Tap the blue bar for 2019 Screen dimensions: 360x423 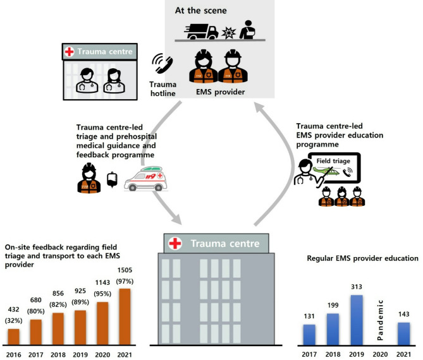pyautogui.click(x=357, y=319)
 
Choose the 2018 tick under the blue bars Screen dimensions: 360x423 pyautogui.click(x=333, y=354)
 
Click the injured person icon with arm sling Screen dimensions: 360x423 pyautogui.click(x=248, y=28)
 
